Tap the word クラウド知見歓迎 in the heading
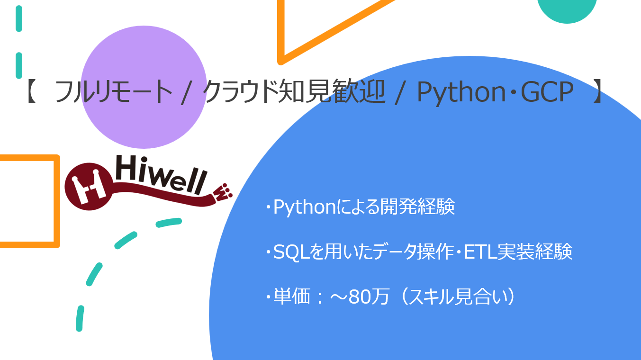pyautogui.click(x=293, y=91)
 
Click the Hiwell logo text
pyautogui.click(x=161, y=175)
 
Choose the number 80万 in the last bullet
pyautogui.click(x=369, y=297)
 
